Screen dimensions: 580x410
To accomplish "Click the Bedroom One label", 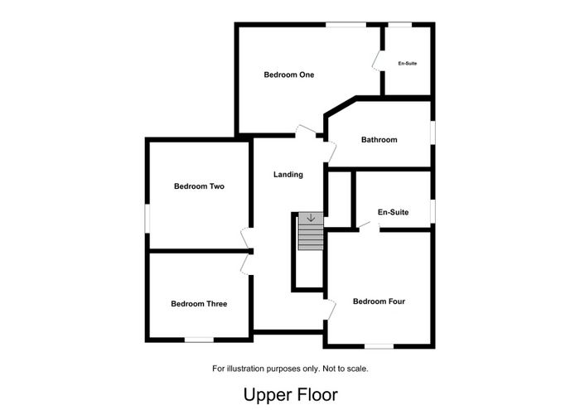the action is point(289,75).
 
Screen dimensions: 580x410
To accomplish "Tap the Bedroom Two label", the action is point(199,186).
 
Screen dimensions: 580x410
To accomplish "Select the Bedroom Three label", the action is point(199,304).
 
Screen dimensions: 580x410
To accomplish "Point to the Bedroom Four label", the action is point(379,301).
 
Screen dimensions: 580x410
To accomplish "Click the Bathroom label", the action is point(379,140).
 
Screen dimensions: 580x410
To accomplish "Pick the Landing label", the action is point(288,175).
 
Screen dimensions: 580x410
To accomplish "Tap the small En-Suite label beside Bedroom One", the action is point(408,64).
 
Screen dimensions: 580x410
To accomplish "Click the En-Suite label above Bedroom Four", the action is point(394,212).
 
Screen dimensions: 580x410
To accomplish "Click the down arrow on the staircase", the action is point(311,218).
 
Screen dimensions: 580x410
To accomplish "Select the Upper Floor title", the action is point(291,395).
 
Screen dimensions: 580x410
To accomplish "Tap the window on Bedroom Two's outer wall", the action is point(147,219).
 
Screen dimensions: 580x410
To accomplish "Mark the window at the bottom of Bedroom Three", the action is point(199,340).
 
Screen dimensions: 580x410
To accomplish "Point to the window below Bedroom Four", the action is point(379,346).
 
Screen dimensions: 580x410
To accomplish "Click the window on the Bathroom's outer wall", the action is point(433,131).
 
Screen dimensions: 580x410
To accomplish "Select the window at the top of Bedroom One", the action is point(346,25).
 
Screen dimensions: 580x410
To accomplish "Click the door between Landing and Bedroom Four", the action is point(331,310).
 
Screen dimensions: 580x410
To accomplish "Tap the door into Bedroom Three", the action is point(245,264).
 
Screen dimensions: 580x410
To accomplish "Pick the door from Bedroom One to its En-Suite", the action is point(376,60).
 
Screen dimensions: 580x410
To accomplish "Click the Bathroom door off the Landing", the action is point(331,152).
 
